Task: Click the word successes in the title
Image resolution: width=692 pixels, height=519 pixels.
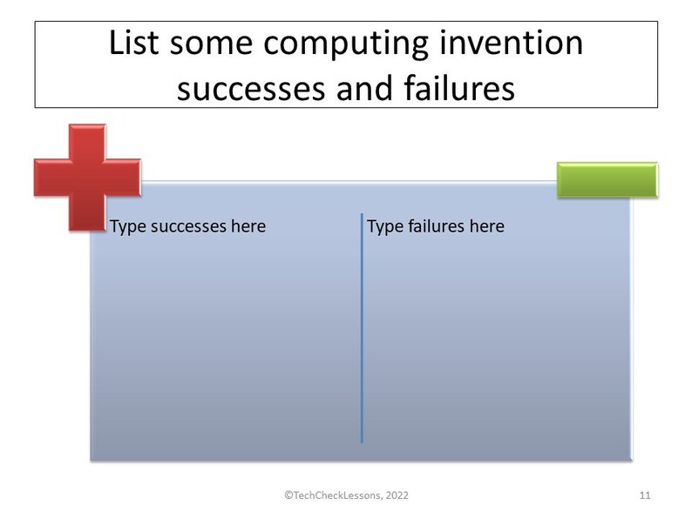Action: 253,87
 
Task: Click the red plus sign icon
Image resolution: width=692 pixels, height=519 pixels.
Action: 88,177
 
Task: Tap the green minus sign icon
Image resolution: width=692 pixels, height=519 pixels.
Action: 607,179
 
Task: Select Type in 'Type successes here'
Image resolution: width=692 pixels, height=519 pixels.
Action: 128,227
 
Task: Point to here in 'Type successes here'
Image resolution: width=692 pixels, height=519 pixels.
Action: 249,227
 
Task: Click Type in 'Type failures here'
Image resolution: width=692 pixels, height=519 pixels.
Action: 384,227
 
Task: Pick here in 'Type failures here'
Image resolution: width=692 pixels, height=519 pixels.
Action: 488,227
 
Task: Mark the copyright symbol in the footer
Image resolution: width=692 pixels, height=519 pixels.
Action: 288,495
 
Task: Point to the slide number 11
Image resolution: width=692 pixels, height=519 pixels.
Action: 645,495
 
